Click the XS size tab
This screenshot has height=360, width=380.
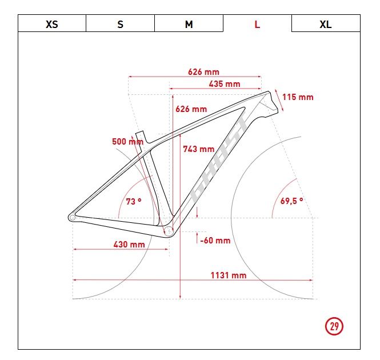52,23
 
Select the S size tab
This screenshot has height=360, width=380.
120,23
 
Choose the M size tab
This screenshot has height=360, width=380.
189,23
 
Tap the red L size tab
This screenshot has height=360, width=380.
257,23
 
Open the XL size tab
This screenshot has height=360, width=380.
326,23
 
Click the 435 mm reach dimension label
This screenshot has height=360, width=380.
225,84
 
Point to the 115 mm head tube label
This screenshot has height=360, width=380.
298,97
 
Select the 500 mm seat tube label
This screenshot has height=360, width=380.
128,141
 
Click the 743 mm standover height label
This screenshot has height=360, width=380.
199,149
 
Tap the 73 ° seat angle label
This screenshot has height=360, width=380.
134,201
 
